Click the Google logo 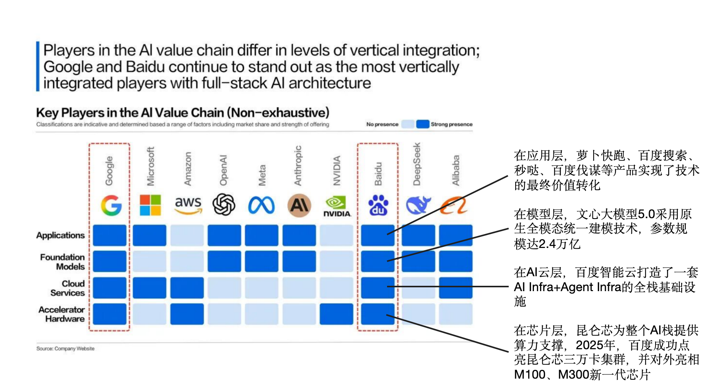click(111, 205)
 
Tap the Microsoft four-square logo click(150, 205)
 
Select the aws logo click(188, 205)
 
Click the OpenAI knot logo click(224, 204)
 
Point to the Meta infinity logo click(261, 205)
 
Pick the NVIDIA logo click(337, 206)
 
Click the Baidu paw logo click(378, 205)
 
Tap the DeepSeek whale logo click(418, 205)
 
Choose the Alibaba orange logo click(454, 205)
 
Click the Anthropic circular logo click(299, 205)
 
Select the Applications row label click(60, 235)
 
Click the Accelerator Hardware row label click(62, 314)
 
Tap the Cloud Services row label click(68, 288)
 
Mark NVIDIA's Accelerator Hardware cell click(336, 314)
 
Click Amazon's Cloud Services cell click(187, 288)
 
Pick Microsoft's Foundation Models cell click(150, 261)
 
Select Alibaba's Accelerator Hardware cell click(456, 314)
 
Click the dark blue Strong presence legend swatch click(422, 124)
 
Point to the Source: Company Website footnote click(65, 348)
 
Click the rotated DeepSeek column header click(417, 164)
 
